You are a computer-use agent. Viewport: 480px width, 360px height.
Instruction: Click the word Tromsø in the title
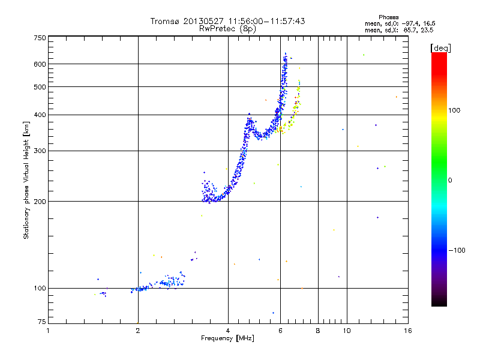[165, 21]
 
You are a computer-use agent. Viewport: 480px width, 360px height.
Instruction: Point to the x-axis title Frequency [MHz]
[228, 339]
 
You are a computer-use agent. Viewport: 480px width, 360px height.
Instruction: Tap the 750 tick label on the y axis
[40, 38]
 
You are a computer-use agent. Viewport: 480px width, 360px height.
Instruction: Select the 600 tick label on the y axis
[40, 64]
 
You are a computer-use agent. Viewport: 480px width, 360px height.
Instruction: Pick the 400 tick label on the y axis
[40, 115]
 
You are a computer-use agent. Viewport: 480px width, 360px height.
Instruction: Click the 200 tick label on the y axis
[40, 201]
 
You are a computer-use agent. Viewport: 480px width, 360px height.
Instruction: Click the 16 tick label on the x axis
[407, 331]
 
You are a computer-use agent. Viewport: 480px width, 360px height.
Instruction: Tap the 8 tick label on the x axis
[318, 331]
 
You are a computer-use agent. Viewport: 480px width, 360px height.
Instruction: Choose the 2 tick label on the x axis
[138, 331]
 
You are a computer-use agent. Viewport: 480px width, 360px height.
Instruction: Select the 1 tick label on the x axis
[49, 331]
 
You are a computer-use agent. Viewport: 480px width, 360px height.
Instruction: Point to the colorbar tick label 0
[451, 180]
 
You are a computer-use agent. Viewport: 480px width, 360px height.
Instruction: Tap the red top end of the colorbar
[439, 55]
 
